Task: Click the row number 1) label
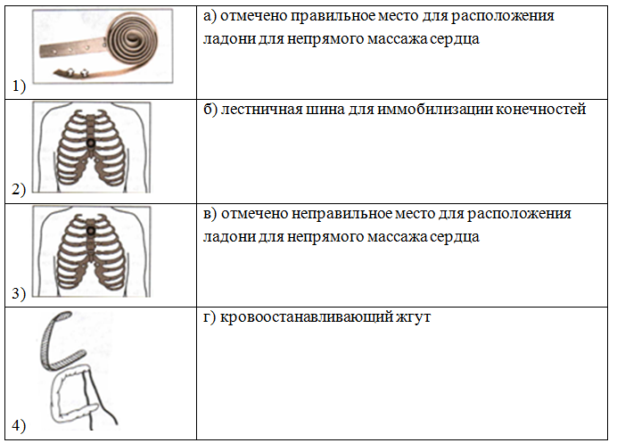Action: pos(19,86)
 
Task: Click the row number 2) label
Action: pos(19,189)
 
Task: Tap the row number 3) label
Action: pos(19,293)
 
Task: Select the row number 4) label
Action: pos(19,425)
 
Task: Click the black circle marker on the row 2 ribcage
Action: pos(91,144)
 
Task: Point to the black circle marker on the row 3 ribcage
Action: pos(91,231)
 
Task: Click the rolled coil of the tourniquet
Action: pos(133,39)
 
